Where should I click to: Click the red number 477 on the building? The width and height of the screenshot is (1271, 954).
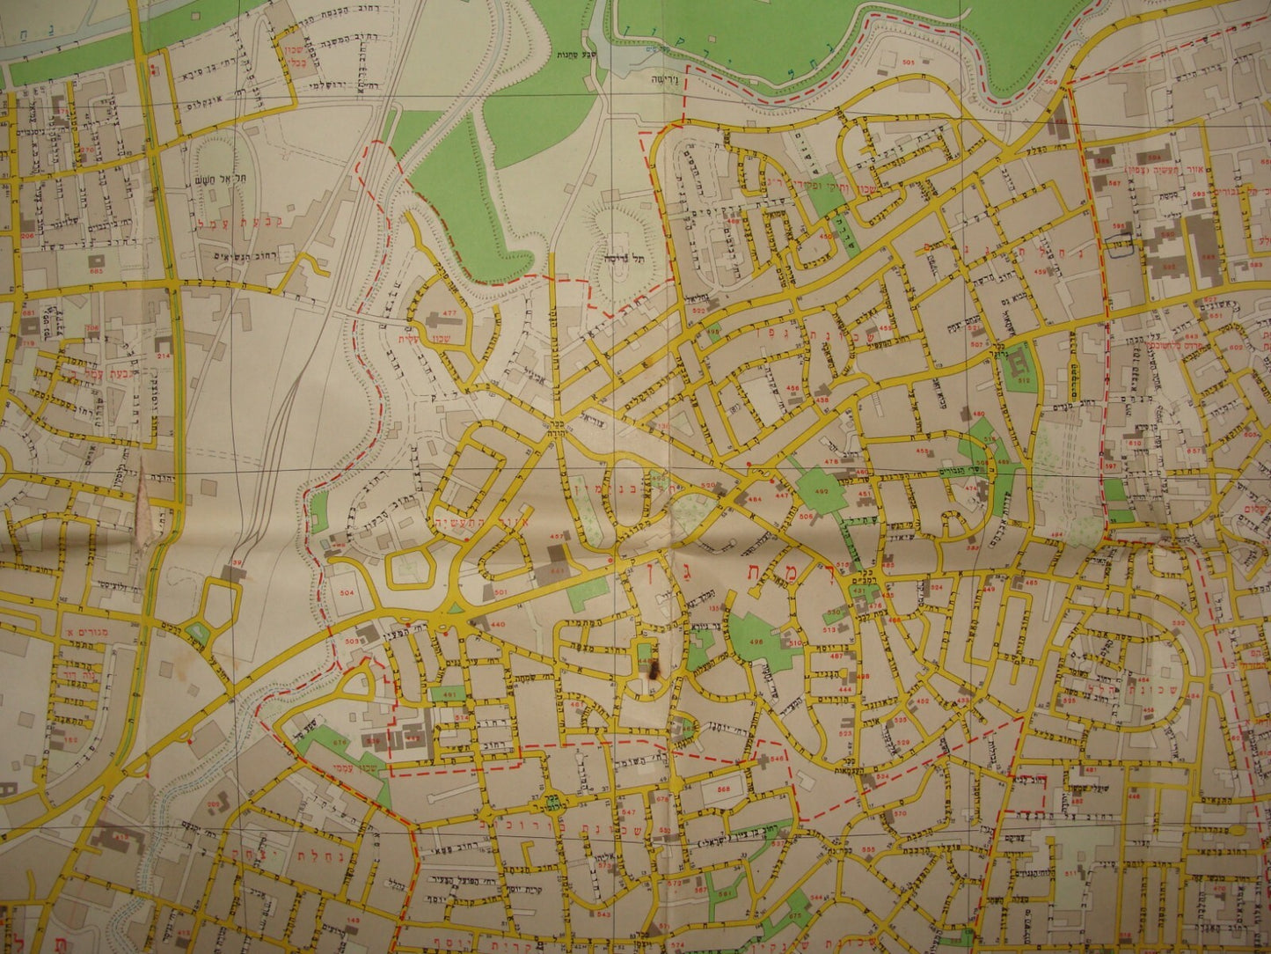449,314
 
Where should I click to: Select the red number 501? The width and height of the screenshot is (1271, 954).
501,592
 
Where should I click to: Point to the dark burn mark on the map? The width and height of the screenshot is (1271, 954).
652,671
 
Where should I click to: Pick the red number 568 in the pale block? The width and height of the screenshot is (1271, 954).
722,789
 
